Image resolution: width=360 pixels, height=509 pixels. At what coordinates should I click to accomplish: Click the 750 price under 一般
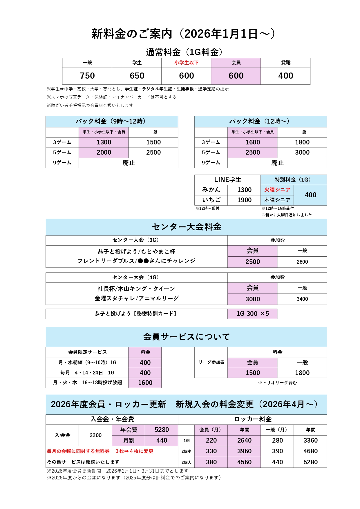(x=87, y=76)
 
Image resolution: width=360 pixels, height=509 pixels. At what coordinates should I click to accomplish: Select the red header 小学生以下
(x=186, y=63)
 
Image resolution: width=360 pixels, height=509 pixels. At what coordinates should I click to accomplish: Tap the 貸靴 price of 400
(x=285, y=76)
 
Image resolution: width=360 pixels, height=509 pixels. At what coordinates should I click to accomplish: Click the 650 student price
(x=137, y=76)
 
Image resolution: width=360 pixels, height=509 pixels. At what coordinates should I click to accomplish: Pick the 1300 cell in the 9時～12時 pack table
(x=104, y=142)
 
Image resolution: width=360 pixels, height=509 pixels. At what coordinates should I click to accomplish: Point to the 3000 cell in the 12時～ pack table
(x=302, y=152)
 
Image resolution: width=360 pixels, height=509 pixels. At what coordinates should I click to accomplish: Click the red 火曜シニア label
(x=277, y=190)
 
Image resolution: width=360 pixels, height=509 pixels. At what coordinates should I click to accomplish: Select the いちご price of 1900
(x=244, y=200)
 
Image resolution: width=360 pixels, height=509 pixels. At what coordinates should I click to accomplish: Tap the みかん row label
(x=211, y=190)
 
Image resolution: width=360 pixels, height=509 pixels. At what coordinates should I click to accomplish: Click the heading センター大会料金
(x=186, y=227)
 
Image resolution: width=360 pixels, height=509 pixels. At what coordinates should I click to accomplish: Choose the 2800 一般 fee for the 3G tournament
(x=302, y=262)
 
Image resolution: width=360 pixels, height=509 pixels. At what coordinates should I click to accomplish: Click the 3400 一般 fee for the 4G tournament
(x=302, y=299)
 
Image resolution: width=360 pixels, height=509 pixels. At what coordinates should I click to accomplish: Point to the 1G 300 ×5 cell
(x=252, y=314)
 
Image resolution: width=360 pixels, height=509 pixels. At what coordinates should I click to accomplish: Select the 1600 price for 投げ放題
(x=145, y=383)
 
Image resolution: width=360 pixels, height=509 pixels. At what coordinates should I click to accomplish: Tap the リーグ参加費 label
(x=211, y=362)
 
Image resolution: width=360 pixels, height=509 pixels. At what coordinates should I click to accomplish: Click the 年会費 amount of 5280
(x=162, y=430)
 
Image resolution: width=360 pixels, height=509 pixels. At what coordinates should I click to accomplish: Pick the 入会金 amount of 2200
(x=95, y=435)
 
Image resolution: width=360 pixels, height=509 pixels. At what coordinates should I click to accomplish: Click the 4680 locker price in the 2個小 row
(x=310, y=451)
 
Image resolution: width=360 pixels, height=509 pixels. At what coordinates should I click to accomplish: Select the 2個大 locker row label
(x=186, y=462)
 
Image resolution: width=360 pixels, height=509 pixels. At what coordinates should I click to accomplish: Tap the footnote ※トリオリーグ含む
(x=277, y=383)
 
